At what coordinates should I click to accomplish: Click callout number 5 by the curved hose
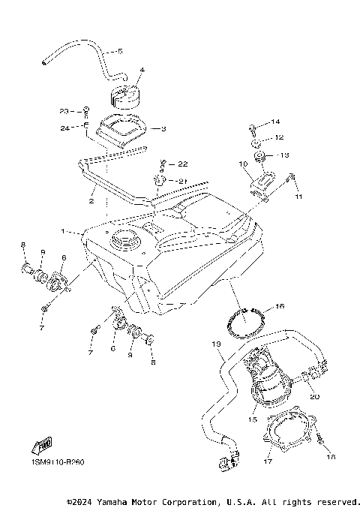[119, 52]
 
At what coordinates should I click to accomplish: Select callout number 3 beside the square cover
[163, 128]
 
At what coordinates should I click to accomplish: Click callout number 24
[64, 128]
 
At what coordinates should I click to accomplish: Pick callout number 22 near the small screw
[183, 164]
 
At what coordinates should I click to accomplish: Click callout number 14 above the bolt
[274, 122]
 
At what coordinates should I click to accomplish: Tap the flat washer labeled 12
[256, 140]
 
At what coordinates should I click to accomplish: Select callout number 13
[283, 155]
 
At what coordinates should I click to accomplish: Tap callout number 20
[315, 397]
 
